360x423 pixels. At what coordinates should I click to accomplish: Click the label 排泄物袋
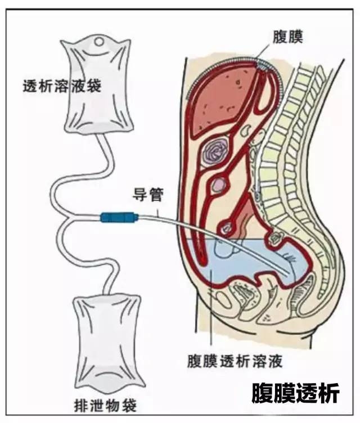coord(106,404)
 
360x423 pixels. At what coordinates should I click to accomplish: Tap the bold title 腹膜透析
coord(295,393)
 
